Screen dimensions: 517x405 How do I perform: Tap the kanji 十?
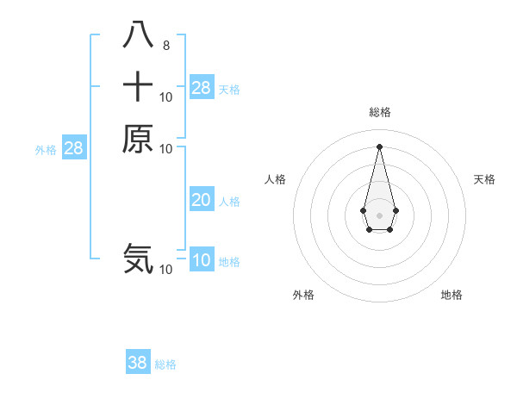pyautogui.click(x=138, y=87)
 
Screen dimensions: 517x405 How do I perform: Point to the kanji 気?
pyautogui.click(x=138, y=258)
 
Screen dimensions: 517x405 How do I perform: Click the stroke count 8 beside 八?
pyautogui.click(x=166, y=45)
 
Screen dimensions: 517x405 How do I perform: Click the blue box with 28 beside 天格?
pyautogui.click(x=202, y=87)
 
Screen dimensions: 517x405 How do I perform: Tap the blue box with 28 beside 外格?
pyautogui.click(x=74, y=148)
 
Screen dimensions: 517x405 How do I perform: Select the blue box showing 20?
pyautogui.click(x=202, y=200)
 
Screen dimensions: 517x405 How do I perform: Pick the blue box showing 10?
pyautogui.click(x=202, y=260)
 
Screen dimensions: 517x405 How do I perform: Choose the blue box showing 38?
pyautogui.click(x=138, y=363)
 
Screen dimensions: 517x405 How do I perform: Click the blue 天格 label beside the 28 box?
pyautogui.click(x=229, y=89)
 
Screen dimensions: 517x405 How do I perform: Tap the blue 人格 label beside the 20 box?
pyautogui.click(x=229, y=202)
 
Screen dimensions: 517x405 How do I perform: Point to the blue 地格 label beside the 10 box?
pyautogui.click(x=229, y=262)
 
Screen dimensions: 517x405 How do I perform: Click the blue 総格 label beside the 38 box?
pyautogui.click(x=165, y=364)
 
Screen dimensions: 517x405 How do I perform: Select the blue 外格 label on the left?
pyautogui.click(x=46, y=150)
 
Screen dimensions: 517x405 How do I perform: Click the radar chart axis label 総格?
pyautogui.click(x=379, y=112)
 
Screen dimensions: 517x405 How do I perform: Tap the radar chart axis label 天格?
pyautogui.click(x=484, y=179)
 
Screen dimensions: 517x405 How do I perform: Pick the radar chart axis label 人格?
pyautogui.click(x=275, y=179)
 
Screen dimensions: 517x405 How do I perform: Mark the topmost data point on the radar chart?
pyautogui.click(x=379, y=146)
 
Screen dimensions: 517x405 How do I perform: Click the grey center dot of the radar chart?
pyautogui.click(x=379, y=214)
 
